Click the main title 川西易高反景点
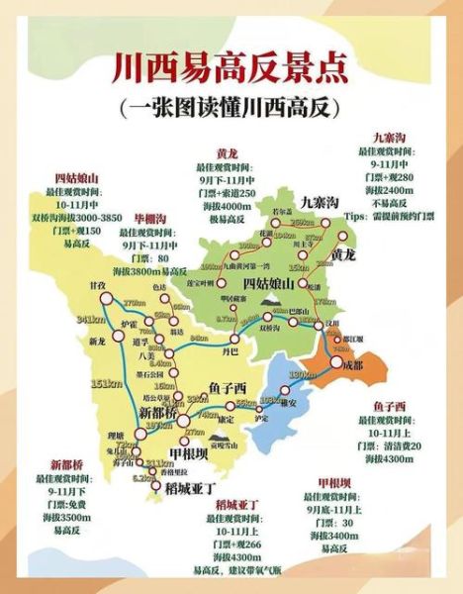(x=231, y=68)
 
